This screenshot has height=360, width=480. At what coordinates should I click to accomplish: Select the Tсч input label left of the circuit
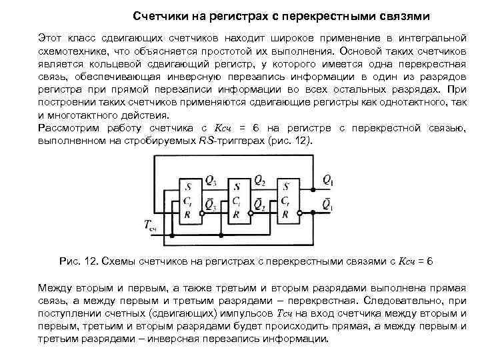pyautogui.click(x=151, y=226)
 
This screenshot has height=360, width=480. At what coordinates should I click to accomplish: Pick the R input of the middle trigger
pyautogui.click(x=236, y=213)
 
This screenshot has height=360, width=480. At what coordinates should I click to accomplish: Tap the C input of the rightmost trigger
pyautogui.click(x=285, y=200)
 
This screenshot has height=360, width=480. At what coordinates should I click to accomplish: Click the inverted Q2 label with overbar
pyautogui.click(x=262, y=205)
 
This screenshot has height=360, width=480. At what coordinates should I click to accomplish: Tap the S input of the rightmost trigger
pyautogui.click(x=285, y=186)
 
